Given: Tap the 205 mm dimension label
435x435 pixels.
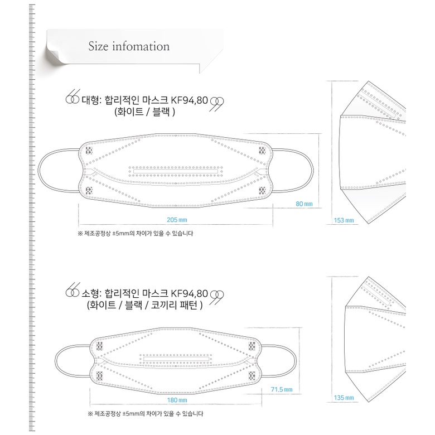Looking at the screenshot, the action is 176,219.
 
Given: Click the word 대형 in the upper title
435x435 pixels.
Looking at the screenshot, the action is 91,100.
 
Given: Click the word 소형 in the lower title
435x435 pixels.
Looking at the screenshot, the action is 91,293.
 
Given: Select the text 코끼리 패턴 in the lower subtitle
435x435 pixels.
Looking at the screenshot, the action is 180,304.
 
